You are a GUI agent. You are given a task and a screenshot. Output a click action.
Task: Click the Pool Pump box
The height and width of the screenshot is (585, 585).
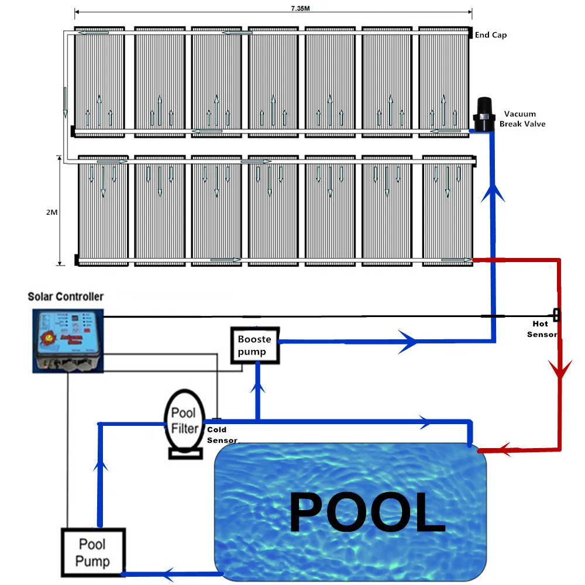93,553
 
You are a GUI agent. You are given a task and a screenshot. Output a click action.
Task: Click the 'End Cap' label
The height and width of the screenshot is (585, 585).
491,35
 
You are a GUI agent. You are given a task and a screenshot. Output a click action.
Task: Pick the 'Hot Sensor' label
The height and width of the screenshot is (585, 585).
541,329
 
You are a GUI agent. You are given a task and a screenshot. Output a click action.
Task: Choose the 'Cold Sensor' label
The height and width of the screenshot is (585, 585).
222,435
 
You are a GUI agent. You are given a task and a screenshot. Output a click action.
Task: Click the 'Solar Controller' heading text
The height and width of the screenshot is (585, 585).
66,297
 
